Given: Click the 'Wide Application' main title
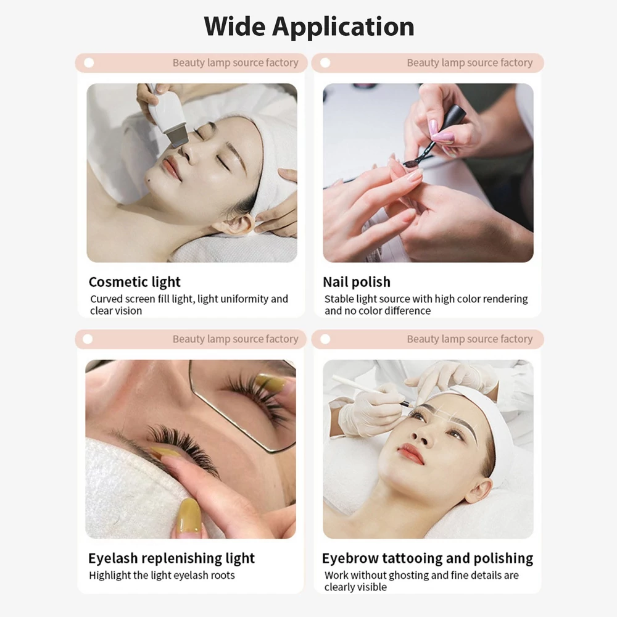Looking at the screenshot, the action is [309, 27].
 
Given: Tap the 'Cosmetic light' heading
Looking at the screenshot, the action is [135, 282].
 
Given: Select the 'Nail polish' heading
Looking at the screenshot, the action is [357, 282].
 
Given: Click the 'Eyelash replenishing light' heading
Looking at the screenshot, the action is [172, 558].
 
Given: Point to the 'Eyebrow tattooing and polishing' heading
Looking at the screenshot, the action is [428, 558].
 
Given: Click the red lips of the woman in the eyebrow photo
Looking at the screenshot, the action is [410, 453].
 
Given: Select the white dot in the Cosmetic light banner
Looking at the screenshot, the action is [89, 62].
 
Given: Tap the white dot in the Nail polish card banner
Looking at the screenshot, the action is [325, 62].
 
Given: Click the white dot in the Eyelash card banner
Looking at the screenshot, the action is [88, 339].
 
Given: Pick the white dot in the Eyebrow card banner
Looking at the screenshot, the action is [325, 339].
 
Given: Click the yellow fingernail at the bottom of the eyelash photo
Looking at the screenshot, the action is [189, 515].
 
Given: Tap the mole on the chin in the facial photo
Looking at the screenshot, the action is [148, 181].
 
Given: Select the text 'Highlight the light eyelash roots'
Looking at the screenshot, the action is [162, 575].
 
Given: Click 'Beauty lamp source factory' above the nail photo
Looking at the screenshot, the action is [470, 62].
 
